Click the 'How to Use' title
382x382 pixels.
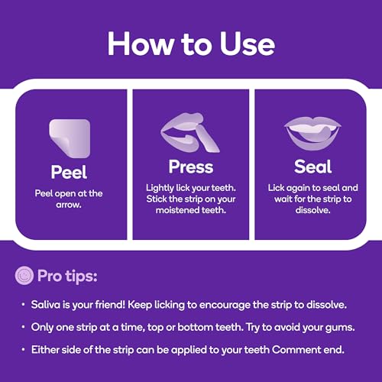191,44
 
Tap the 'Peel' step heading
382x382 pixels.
69,172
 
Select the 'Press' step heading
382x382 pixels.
191,167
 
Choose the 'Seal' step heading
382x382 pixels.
312,167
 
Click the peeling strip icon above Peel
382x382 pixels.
70,138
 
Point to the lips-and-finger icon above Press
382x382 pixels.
190,132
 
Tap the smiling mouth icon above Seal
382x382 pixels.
312,133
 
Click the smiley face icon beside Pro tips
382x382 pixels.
24,276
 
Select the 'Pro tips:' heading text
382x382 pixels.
67,276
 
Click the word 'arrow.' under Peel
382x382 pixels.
69,205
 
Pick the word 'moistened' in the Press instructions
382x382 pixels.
178,210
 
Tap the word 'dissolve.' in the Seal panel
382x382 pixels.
312,210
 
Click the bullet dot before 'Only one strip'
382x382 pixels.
23,327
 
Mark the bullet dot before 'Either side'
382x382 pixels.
23,350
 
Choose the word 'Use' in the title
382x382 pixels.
247,44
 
